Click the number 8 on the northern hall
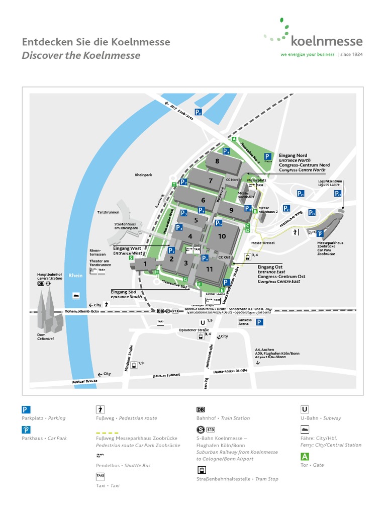(217, 161)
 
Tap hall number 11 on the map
(210, 269)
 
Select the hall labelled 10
(222, 236)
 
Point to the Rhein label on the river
(75, 275)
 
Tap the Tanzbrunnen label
(108, 212)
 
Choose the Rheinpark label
(143, 175)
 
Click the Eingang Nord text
(293, 155)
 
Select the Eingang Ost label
(270, 267)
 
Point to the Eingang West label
(127, 248)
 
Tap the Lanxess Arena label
(245, 322)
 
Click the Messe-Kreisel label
(263, 243)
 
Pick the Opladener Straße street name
(194, 330)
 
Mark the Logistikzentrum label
(330, 181)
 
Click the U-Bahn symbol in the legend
(305, 409)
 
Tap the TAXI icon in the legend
(101, 476)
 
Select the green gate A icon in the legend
(305, 457)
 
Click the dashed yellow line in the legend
(107, 433)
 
